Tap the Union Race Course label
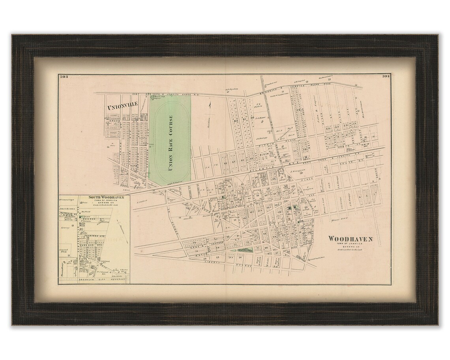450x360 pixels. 171,142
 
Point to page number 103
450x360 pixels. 65,77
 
